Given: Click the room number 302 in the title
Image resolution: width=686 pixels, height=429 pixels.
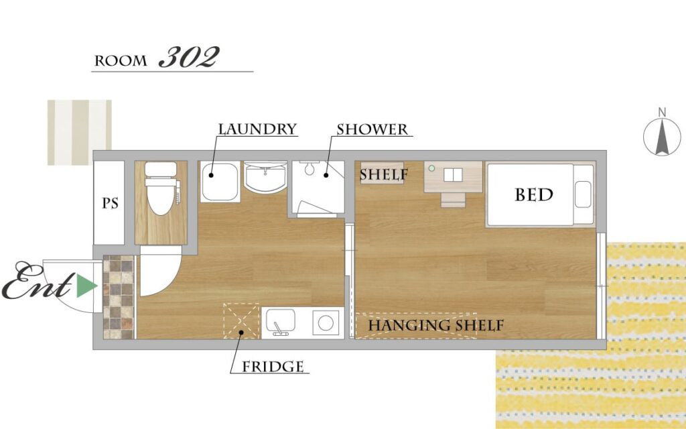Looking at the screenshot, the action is tap(189, 58).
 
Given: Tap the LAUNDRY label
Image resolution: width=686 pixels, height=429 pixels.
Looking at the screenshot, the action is tap(257, 129).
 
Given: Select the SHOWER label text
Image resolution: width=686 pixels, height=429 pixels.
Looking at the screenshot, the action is tap(372, 129).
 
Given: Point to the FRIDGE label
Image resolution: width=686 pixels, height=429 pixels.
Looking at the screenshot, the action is tap(273, 367).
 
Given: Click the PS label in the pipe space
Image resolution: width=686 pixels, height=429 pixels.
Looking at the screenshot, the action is tap(110, 204).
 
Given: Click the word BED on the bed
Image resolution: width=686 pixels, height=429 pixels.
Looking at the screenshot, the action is tap(534, 195).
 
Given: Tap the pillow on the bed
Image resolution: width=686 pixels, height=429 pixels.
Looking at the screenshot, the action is tap(584, 194).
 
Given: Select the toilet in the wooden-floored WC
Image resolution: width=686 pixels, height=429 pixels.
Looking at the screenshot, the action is tap(161, 188).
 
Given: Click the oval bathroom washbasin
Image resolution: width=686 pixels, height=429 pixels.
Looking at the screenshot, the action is tap(265, 177).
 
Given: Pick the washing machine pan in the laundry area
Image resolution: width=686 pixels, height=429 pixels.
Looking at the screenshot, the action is tap(220, 182).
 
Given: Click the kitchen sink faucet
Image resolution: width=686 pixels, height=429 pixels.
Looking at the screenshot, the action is tap(278, 329).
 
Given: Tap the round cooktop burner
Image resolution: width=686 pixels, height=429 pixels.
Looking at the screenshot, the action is tap(326, 323).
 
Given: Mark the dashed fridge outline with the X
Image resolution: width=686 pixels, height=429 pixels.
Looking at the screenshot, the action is tap(241, 321).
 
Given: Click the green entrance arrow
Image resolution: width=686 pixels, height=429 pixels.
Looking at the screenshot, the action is tap(86, 286).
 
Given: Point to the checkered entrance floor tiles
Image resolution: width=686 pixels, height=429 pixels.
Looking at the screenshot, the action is tap(119, 297).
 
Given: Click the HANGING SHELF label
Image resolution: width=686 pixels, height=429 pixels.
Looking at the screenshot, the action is tap(435, 326).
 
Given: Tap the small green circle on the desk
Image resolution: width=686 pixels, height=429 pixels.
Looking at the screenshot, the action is tap(431, 168).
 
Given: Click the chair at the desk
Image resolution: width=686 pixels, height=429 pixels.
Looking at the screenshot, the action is tap(453, 200).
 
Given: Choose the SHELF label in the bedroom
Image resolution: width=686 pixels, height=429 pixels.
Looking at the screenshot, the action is tap(384, 175).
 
